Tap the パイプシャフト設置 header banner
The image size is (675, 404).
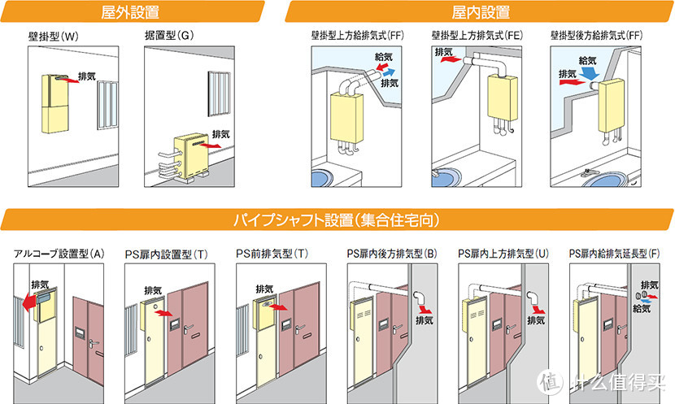[x=337, y=220]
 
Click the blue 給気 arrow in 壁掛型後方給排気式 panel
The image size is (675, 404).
[x=590, y=74]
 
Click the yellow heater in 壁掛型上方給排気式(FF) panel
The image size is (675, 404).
[x=346, y=112]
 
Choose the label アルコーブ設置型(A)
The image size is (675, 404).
[x=59, y=254]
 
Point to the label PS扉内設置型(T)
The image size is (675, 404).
[x=166, y=254]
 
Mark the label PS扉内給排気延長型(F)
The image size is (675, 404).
[x=615, y=254]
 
